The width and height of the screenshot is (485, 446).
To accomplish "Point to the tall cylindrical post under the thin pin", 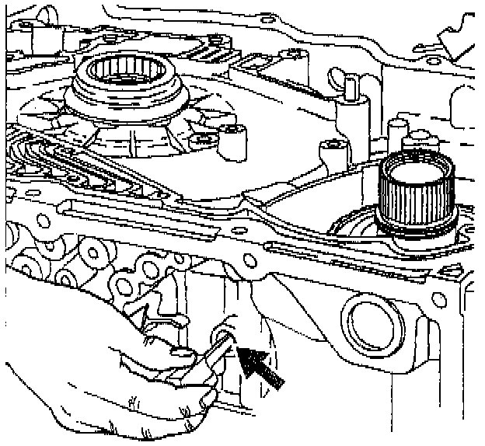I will [351, 124].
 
